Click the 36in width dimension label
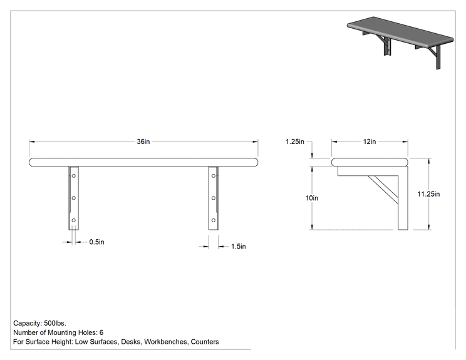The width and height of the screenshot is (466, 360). coord(143,141)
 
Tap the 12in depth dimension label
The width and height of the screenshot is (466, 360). coord(370,141)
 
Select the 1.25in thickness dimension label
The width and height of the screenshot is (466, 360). coord(295,141)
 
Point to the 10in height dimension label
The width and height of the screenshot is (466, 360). coord(312,198)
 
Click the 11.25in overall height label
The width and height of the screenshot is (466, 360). coord(428,194)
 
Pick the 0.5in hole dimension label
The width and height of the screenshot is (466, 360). coord(97,242)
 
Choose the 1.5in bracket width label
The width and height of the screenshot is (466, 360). coord(239,247)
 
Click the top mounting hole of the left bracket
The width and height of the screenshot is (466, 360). coord(74,176)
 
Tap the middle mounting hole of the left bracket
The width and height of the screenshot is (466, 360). coord(74,198)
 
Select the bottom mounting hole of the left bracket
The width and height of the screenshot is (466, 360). coord(74,220)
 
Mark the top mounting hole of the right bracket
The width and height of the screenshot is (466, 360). coord(214,176)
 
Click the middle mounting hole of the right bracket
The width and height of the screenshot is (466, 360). coord(214,198)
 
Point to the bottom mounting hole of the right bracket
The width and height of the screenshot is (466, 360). coord(214,220)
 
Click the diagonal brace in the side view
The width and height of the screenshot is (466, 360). coord(383,190)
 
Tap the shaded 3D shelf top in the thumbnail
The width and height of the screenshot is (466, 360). coord(400,31)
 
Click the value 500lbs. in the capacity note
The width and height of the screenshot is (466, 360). coord(55,323)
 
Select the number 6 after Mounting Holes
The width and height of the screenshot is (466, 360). coord(101,332)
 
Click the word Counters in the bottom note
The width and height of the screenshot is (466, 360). coord(205,342)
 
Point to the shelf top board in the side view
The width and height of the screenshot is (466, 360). coord(370,162)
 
